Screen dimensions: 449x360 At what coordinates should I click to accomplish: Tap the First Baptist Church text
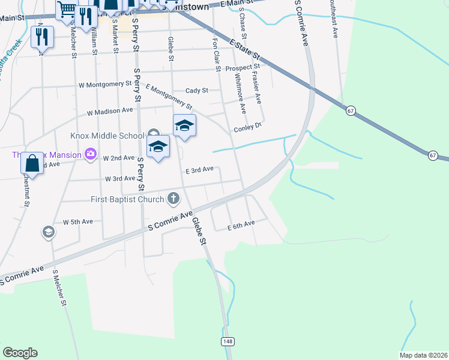[x=127, y=199]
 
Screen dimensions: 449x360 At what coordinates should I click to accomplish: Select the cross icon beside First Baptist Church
[x=173, y=198]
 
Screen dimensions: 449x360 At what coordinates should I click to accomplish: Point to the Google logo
[x=20, y=353]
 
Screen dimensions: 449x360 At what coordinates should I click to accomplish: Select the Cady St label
[x=196, y=91]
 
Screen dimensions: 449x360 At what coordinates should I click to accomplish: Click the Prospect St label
[x=242, y=68]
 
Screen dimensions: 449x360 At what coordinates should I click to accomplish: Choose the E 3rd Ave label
[x=199, y=170]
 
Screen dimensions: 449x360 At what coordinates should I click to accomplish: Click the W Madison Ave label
[x=110, y=112]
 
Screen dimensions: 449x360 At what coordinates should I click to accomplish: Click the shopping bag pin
[x=33, y=163]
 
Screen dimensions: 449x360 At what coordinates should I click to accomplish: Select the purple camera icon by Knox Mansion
[x=91, y=155]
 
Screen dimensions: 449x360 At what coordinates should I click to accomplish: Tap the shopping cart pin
[x=67, y=9]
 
